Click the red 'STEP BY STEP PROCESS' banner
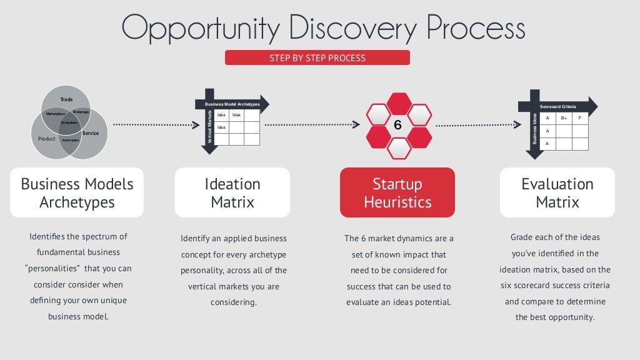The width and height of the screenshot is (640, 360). coord(317,58)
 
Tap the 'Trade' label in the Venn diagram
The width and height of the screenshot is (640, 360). coord(66,100)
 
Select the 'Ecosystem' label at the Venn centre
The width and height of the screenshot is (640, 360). coord(69,122)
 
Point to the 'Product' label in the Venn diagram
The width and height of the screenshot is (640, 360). coord(47,139)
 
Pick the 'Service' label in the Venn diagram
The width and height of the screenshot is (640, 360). coord(91,133)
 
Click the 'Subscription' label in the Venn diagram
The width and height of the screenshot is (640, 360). coord(71,140)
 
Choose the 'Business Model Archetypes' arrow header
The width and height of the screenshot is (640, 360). coord(232,104)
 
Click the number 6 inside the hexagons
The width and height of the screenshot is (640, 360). coord(397,126)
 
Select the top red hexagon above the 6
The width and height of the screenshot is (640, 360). coord(398,103)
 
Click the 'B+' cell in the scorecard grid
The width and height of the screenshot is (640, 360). coord(564,118)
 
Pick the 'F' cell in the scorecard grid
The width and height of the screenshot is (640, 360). coord(580,118)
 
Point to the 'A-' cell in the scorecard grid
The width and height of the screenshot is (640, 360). coord(547,144)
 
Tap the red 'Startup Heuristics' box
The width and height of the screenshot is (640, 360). coord(397,192)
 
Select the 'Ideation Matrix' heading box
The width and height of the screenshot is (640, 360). coord(232,192)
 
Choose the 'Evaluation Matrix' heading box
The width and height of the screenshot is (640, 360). coord(557,192)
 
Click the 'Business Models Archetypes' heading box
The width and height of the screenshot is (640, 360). coord(77,192)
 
